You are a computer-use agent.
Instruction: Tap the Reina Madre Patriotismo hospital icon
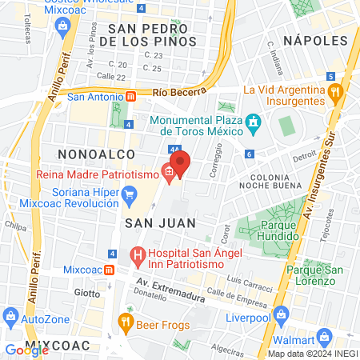click(169, 170)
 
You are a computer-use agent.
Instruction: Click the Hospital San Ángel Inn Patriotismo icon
click(137, 258)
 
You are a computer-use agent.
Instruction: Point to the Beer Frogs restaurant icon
click(125, 322)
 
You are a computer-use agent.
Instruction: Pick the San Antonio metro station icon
click(130, 97)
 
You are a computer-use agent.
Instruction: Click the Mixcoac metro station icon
click(108, 270)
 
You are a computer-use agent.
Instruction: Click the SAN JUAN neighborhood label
click(148, 226)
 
